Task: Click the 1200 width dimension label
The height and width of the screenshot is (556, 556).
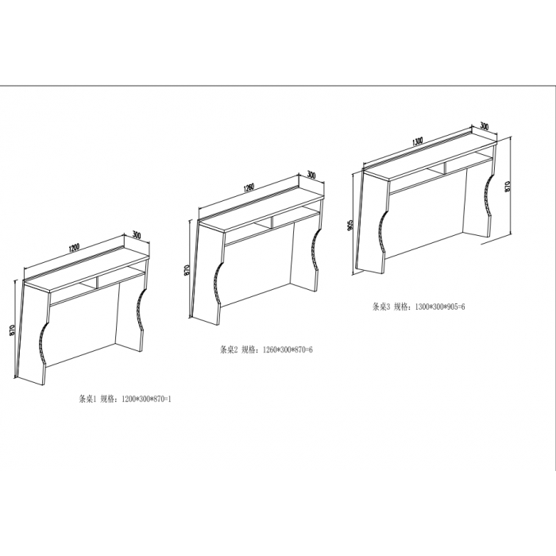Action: click(x=75, y=247)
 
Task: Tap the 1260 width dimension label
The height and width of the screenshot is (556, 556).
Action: click(x=249, y=188)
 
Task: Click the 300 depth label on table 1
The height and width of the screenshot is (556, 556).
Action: click(x=137, y=235)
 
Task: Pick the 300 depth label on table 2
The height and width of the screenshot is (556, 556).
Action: click(x=311, y=175)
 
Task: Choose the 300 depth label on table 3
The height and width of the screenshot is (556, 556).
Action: click(x=485, y=125)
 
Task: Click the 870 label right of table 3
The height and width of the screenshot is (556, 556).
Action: click(x=507, y=187)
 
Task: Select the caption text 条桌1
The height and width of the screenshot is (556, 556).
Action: click(x=87, y=399)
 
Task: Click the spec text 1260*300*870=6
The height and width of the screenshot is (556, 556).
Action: click(x=288, y=350)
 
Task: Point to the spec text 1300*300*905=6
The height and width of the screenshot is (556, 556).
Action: click(x=439, y=307)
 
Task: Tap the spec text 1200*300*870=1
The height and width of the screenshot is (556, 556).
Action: click(x=146, y=399)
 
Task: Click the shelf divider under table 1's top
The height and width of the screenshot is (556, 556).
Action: click(x=97, y=282)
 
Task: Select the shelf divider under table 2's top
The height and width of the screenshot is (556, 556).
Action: click(x=272, y=222)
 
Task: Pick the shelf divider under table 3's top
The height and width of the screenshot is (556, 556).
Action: click(x=445, y=168)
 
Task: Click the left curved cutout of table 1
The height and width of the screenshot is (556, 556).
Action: click(x=42, y=342)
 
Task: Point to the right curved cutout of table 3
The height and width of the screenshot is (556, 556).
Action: click(x=486, y=199)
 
